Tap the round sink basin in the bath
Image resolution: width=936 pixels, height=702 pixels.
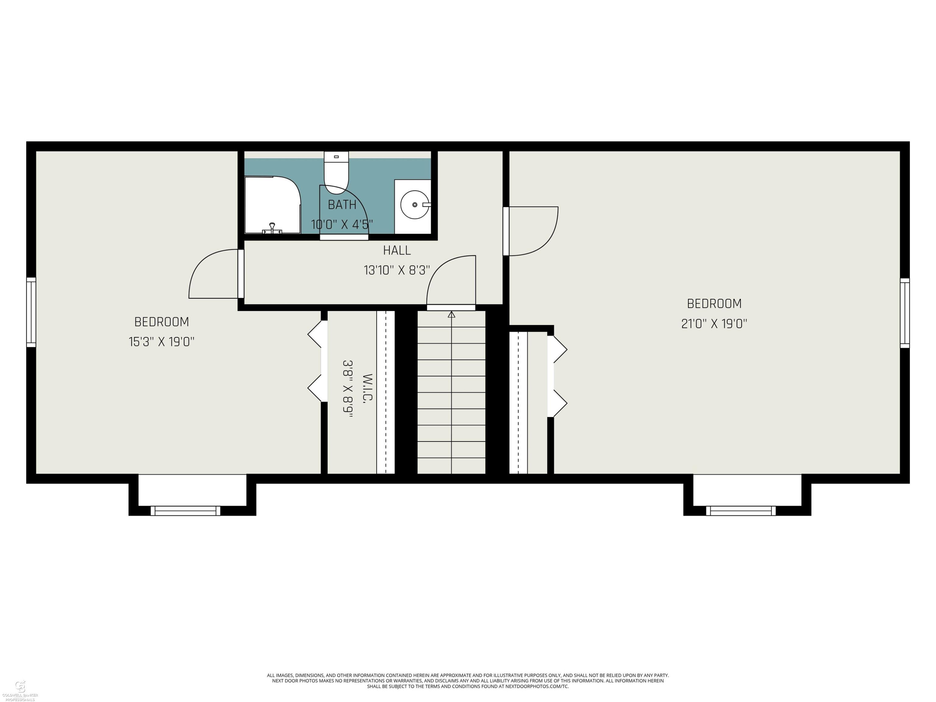(x=415, y=205)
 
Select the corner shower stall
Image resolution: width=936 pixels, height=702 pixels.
(x=272, y=205)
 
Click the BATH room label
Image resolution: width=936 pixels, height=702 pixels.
(x=342, y=205)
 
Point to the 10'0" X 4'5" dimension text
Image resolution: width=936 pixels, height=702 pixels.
(x=342, y=224)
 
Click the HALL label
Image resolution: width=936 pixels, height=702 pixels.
(x=397, y=251)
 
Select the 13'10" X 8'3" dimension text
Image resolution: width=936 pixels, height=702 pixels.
(x=397, y=270)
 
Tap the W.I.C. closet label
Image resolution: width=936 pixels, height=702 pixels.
(x=368, y=388)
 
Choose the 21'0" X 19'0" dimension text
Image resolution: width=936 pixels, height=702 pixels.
(x=714, y=324)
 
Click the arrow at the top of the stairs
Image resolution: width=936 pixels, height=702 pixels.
(x=451, y=314)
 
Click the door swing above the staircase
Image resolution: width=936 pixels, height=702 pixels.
(x=451, y=281)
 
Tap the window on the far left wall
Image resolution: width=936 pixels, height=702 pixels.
(x=31, y=312)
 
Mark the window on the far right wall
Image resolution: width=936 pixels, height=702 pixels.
(x=905, y=313)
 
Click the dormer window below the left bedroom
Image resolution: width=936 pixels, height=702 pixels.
(x=185, y=511)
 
